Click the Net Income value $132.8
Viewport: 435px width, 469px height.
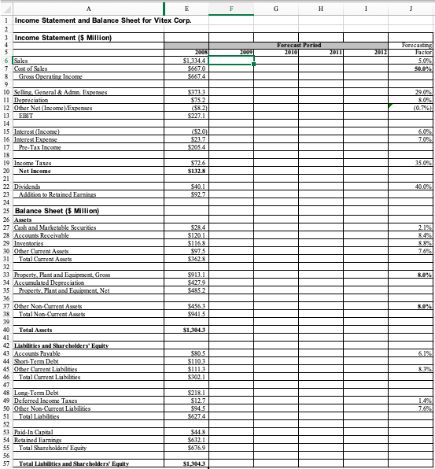point(194,147)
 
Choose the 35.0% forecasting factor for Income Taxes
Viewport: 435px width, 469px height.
point(420,139)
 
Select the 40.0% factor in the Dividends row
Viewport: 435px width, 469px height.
point(420,162)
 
